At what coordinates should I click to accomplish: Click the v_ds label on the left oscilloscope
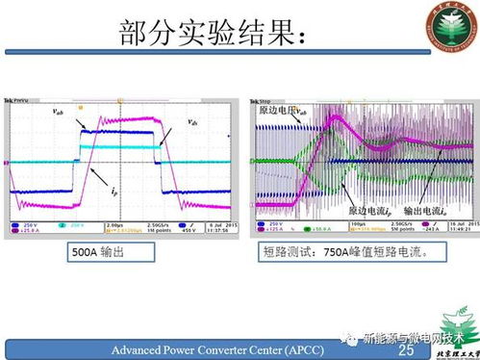click(x=193, y=122)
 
